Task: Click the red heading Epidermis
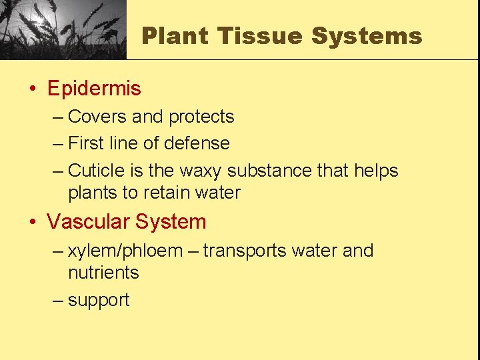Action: click(x=94, y=88)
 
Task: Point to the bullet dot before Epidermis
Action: click(x=33, y=89)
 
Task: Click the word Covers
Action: click(x=97, y=117)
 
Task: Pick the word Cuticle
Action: click(x=97, y=171)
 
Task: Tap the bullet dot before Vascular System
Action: click(x=33, y=222)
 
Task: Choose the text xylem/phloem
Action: click(x=125, y=251)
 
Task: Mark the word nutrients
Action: click(x=103, y=273)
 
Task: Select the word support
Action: click(x=99, y=300)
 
